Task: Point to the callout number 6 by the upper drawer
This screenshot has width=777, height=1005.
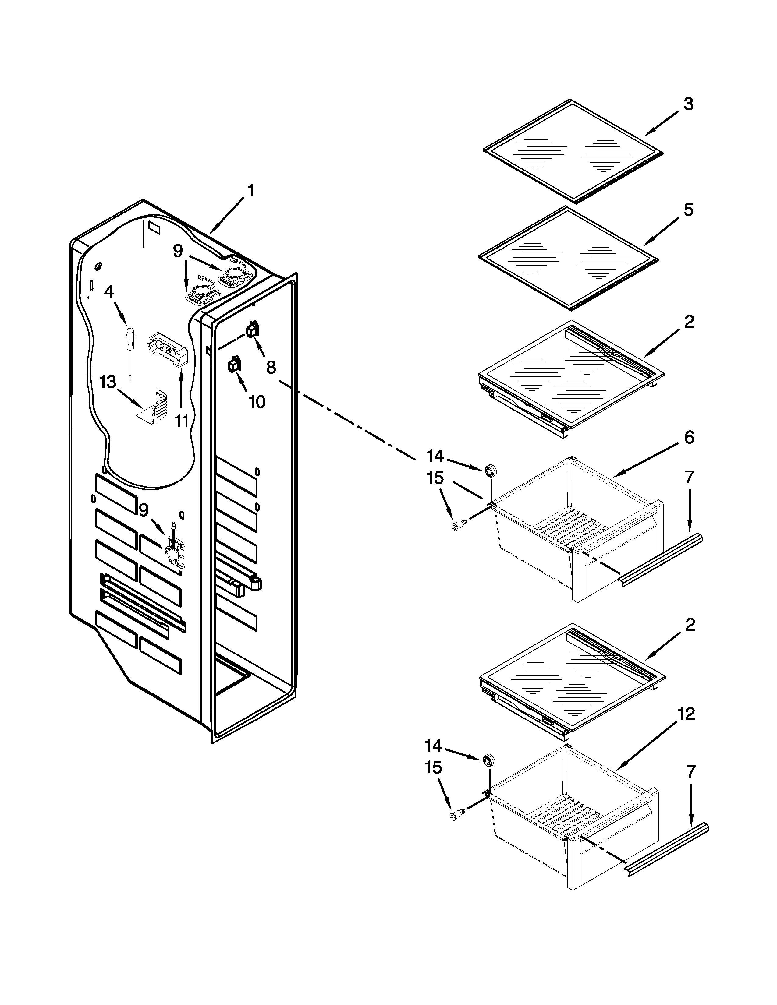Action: (x=689, y=437)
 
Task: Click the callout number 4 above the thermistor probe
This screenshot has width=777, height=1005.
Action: (x=109, y=292)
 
